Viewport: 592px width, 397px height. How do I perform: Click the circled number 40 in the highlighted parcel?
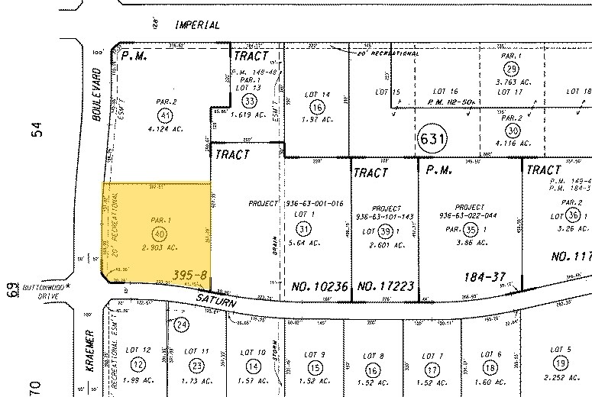click(159, 234)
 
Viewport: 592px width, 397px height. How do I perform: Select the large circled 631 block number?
click(432, 138)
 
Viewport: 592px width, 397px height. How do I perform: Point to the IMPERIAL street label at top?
click(197, 25)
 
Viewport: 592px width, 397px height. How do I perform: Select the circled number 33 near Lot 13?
click(249, 100)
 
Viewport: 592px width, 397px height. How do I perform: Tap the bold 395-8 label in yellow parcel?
click(190, 273)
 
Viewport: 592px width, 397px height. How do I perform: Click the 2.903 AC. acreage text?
click(159, 248)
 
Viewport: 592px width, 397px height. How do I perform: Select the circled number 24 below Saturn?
click(181, 324)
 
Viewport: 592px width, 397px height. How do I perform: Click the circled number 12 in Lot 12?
click(139, 363)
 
